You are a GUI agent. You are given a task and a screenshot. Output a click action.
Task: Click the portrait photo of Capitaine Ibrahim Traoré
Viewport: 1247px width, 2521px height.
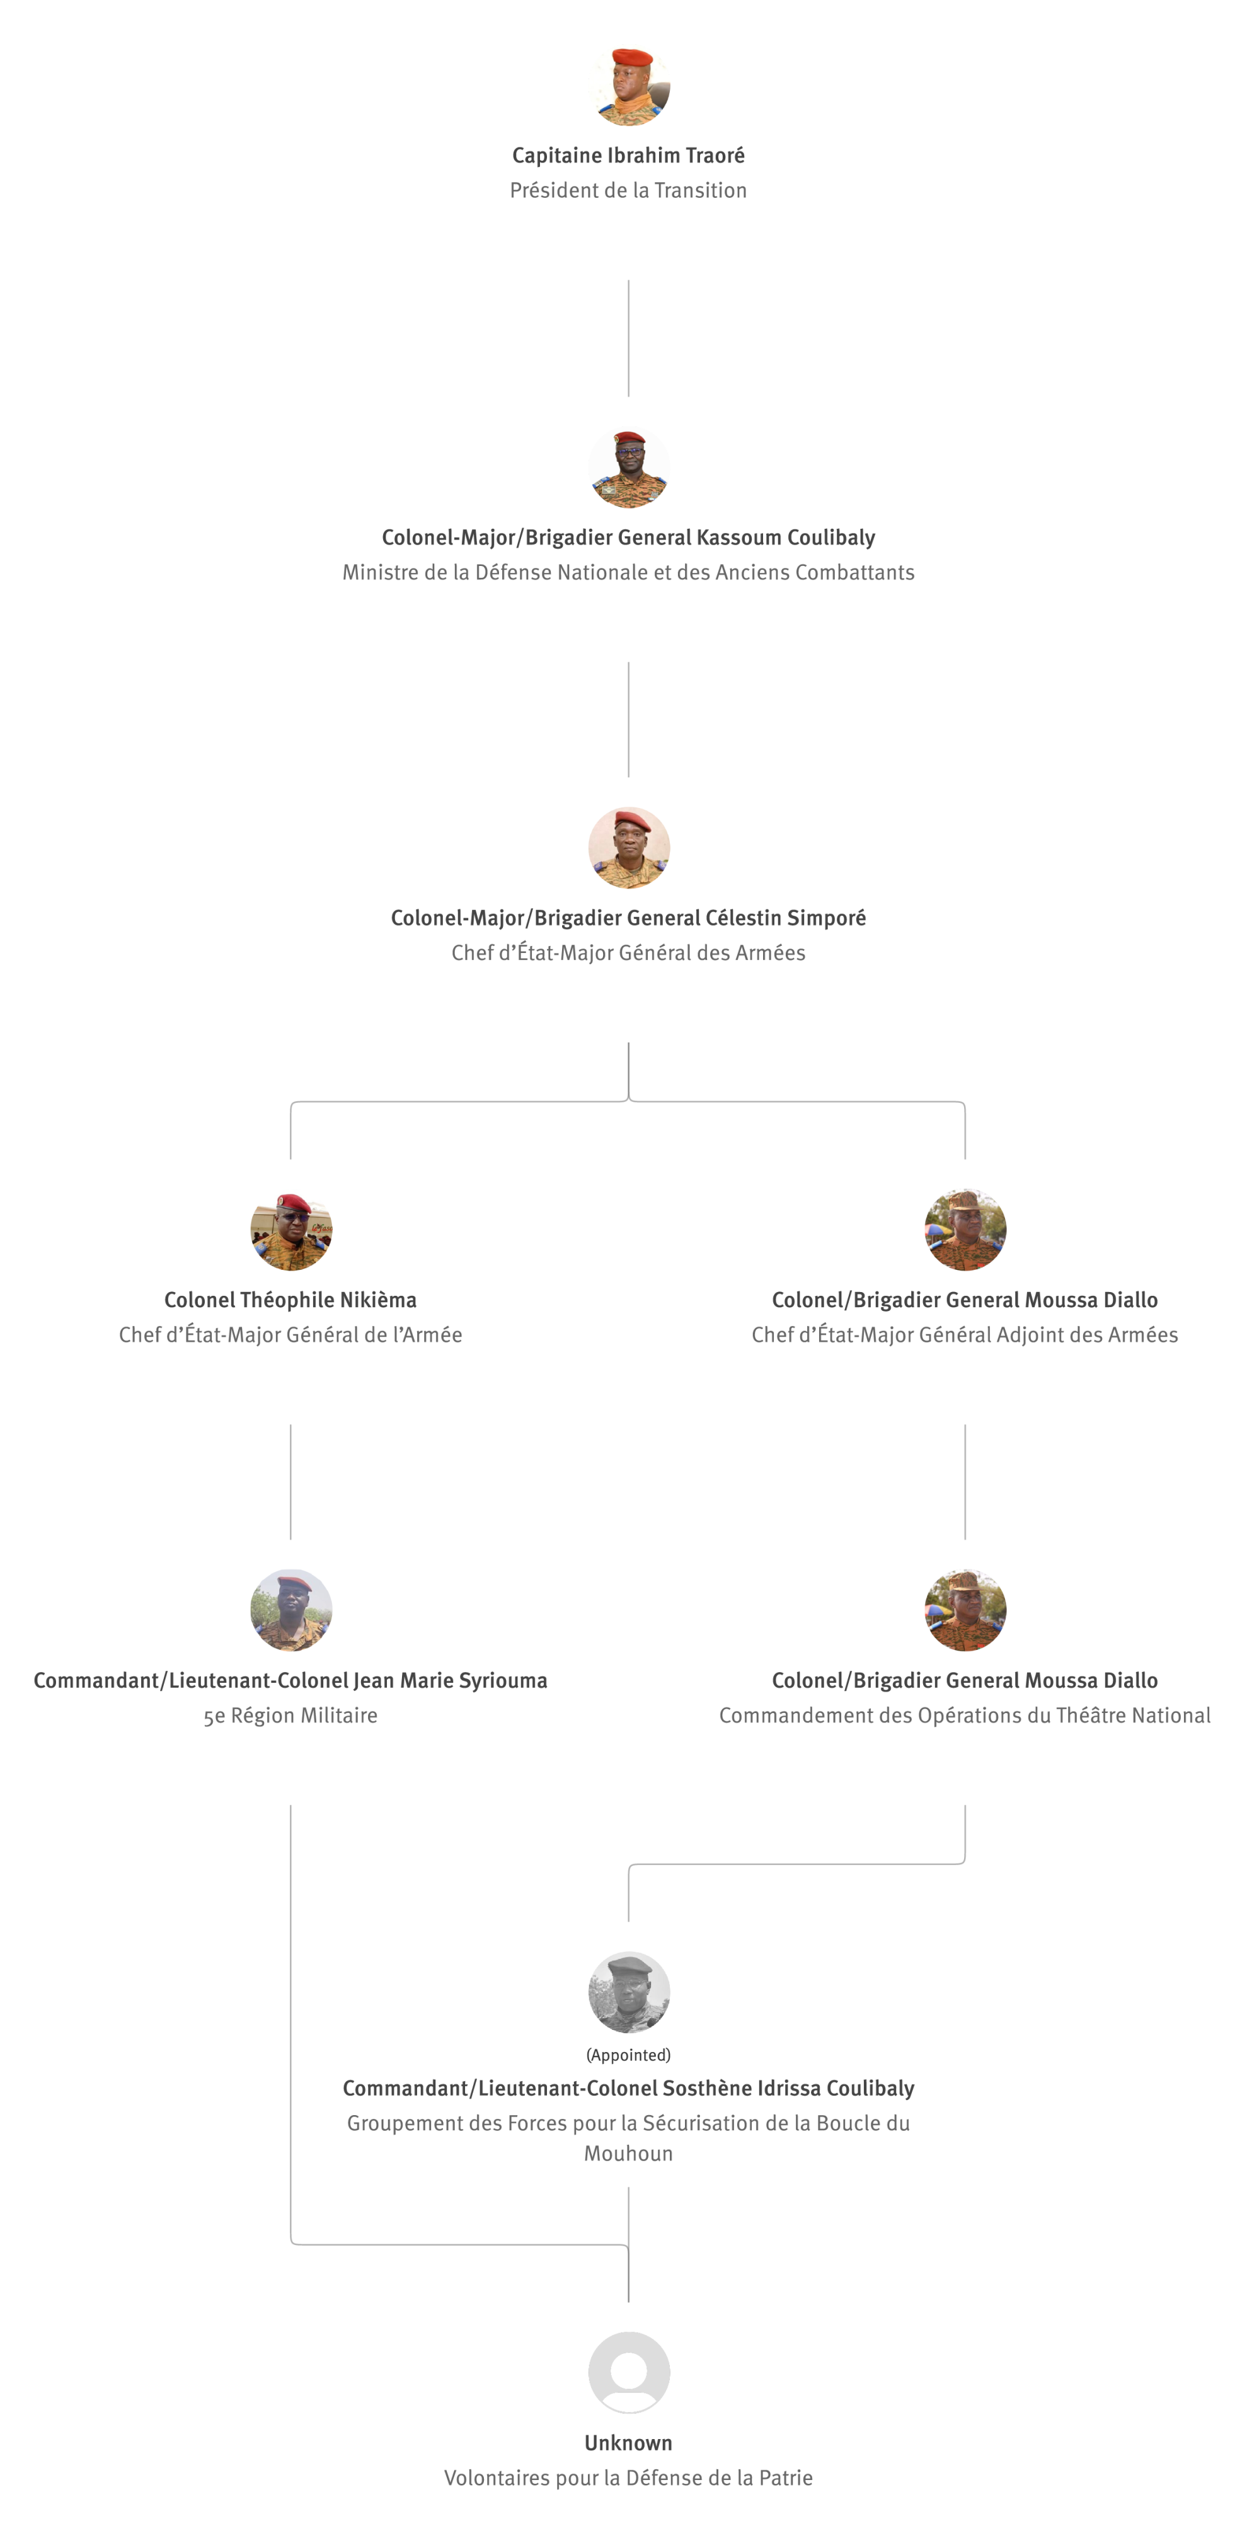point(628,85)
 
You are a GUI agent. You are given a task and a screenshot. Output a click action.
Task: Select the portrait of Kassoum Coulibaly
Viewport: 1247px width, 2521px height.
point(628,467)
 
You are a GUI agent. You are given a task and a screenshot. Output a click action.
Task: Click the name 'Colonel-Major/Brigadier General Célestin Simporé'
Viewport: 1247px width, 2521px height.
point(628,918)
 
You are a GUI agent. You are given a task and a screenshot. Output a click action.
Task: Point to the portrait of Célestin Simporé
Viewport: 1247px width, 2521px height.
point(628,848)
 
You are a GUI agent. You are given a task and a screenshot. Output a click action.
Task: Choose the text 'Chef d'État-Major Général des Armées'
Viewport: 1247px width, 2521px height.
point(628,953)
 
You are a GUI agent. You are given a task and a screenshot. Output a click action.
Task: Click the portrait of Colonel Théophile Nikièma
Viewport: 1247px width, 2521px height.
point(290,1229)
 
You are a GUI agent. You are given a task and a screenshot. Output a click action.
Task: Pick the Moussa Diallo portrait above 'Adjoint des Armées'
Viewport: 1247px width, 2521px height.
point(965,1229)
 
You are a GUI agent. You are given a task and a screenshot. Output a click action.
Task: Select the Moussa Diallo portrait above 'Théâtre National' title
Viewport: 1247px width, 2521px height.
point(965,1610)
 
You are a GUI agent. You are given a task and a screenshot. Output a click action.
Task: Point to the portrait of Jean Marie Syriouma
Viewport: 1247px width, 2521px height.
point(290,1610)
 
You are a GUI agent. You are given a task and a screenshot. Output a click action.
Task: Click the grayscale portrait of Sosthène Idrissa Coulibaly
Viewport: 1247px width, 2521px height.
point(628,1992)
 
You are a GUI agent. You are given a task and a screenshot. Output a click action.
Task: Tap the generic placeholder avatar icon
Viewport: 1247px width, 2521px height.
point(628,2372)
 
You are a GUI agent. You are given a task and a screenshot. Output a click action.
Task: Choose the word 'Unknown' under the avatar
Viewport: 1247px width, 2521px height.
point(628,2443)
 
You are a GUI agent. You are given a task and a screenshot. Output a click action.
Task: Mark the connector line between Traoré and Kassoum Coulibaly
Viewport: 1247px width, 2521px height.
point(628,338)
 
